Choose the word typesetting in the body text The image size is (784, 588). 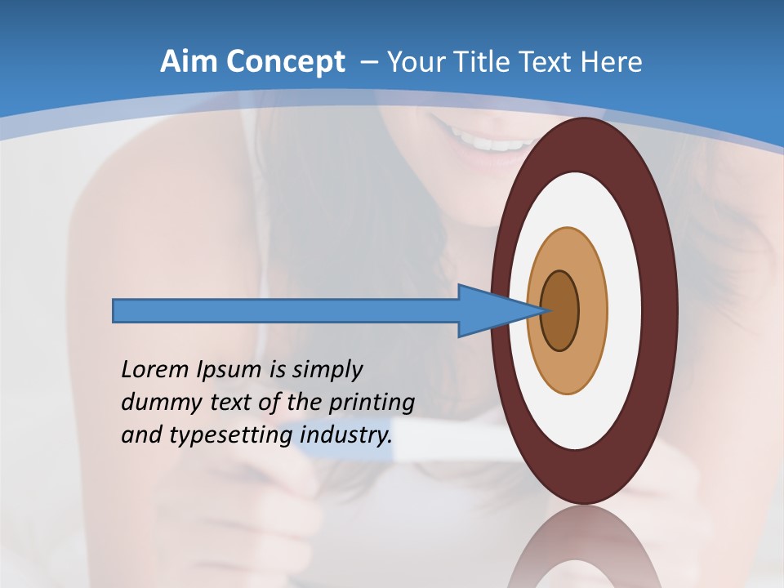click(231, 436)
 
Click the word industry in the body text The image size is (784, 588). click(347, 435)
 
